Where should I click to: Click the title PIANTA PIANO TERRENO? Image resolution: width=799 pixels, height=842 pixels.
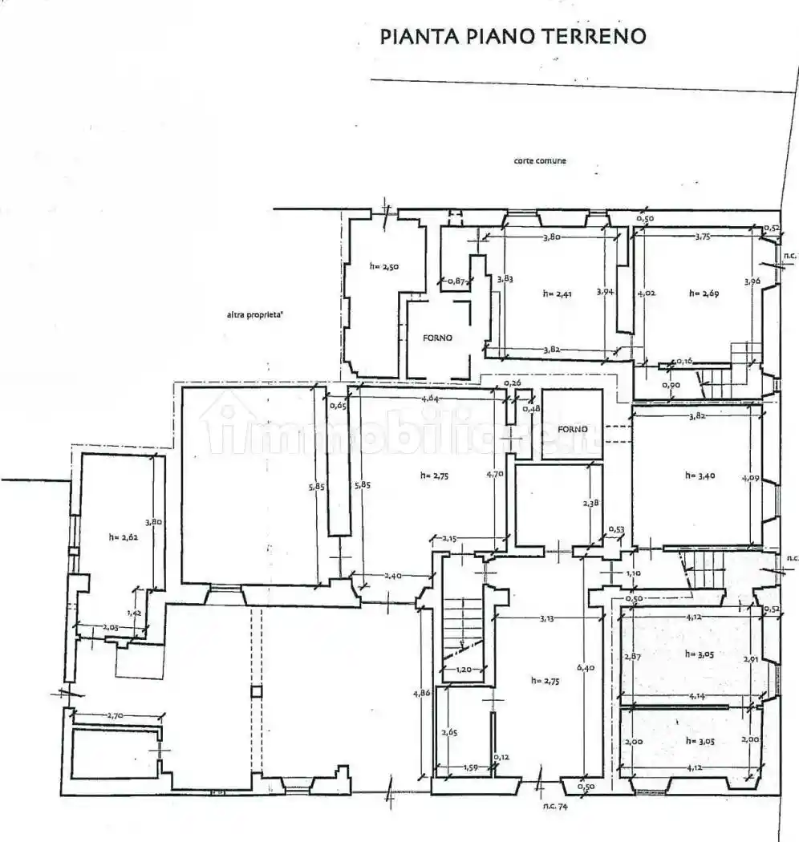click(513, 36)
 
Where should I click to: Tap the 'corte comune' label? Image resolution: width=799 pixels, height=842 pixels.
click(540, 161)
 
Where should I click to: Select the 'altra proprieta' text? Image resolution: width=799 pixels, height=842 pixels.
click(254, 315)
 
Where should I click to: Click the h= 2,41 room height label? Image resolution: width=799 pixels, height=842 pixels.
click(558, 294)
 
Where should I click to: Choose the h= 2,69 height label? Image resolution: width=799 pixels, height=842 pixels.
click(704, 293)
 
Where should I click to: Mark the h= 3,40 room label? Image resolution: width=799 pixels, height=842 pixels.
click(700, 476)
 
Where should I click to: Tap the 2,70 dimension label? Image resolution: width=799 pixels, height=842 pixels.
click(118, 714)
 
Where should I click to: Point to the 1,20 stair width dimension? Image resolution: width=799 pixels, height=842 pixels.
click(463, 670)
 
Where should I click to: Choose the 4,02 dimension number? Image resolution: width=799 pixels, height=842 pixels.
click(646, 293)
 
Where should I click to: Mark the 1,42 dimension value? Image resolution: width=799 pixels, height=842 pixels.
click(136, 612)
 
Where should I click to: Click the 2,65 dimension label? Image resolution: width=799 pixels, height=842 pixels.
click(449, 731)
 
